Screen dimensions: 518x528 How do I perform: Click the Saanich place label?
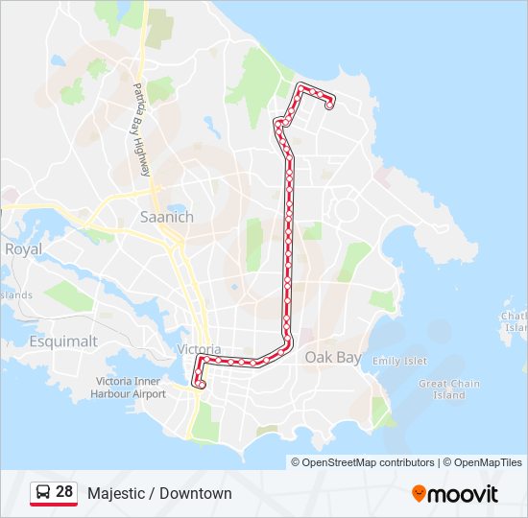pyautogui.click(x=166, y=217)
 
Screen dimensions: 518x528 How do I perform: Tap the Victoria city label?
pyautogui.click(x=199, y=349)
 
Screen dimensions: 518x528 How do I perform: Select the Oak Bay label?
pyautogui.click(x=333, y=357)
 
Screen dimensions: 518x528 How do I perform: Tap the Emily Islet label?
pyautogui.click(x=399, y=361)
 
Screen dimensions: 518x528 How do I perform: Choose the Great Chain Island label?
pyautogui.click(x=449, y=388)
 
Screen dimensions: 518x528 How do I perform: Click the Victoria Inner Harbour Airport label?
pyautogui.click(x=131, y=387)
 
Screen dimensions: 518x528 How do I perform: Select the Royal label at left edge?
pyautogui.click(x=23, y=248)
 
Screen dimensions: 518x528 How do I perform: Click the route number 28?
pyautogui.click(x=64, y=492)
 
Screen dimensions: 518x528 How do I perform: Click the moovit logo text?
pyautogui.click(x=464, y=494)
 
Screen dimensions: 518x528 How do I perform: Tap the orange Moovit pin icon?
pyautogui.click(x=419, y=493)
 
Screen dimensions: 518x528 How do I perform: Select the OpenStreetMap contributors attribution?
pyautogui.click(x=368, y=462)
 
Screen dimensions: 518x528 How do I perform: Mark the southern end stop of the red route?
pyautogui.click(x=201, y=384)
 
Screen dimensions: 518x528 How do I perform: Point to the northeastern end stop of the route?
pyautogui.click(x=329, y=105)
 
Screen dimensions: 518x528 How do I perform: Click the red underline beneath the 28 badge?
pyautogui.click(x=54, y=505)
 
